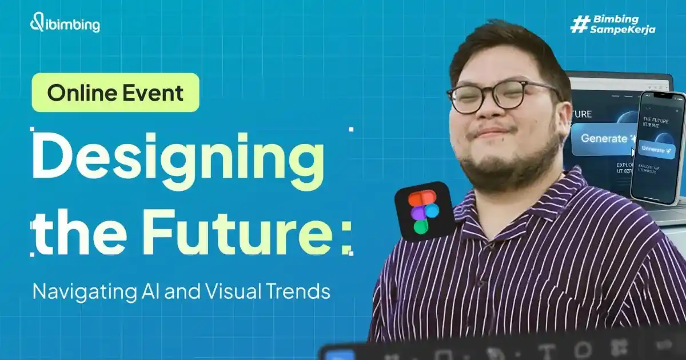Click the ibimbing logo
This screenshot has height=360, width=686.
tap(65, 25)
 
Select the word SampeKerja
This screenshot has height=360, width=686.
tap(623, 30)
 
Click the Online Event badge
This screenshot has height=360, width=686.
tap(115, 93)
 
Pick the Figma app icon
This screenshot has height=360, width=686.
tap(425, 211)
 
